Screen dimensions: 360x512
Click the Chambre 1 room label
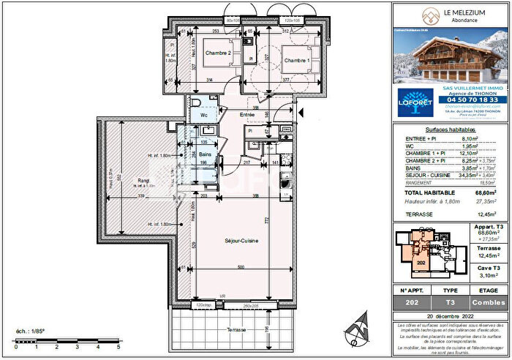(296, 60)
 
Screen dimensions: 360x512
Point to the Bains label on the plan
(206, 155)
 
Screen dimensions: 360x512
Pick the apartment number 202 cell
(414, 302)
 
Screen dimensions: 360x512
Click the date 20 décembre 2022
(451, 315)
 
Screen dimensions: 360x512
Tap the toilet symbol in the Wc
(198, 102)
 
